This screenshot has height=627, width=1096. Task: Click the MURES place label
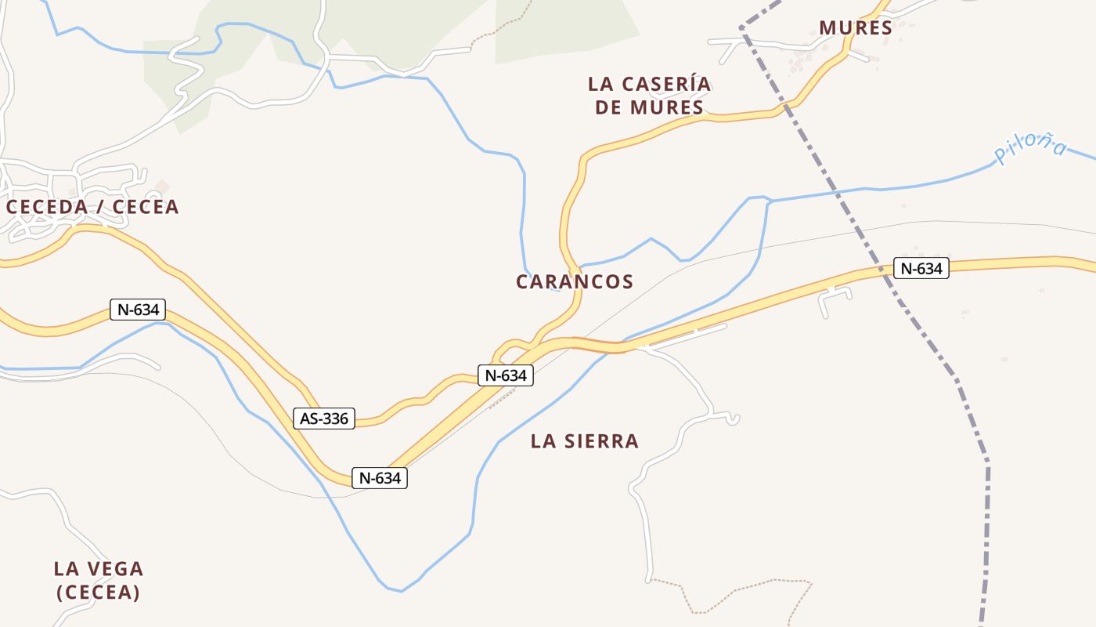point(856,28)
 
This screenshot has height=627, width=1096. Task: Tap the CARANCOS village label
point(575,281)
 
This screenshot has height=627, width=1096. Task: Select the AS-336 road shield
point(324,419)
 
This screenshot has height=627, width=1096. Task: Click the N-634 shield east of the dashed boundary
point(921,269)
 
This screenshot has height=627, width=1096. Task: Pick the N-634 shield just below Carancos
point(506,375)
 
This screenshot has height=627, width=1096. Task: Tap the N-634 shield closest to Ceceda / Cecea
point(138,310)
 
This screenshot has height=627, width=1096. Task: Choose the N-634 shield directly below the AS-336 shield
point(380,477)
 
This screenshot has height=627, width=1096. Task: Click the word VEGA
point(113,568)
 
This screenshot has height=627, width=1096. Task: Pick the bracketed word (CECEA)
point(98,592)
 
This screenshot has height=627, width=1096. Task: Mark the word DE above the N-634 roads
point(608,107)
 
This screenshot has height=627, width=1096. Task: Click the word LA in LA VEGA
point(65,568)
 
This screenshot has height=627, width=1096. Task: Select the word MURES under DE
point(666,107)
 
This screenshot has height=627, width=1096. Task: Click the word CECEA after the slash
point(146,207)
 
